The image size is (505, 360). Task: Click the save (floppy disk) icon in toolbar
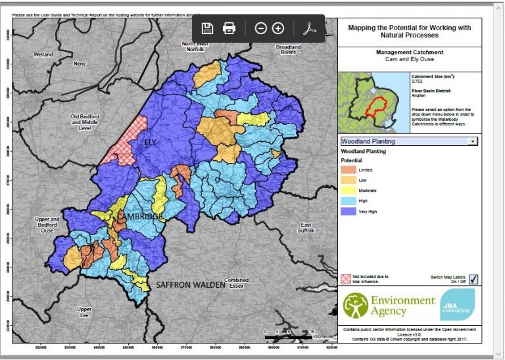[x=207, y=28]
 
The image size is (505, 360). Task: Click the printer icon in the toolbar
[x=229, y=28]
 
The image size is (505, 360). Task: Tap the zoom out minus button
[x=260, y=28]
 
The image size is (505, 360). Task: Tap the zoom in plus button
[x=277, y=28]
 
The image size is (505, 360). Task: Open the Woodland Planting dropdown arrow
[x=472, y=141]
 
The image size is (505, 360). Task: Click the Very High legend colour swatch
[x=347, y=212]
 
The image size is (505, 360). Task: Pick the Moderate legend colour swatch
[x=347, y=190]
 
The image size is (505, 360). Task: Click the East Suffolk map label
[x=306, y=227]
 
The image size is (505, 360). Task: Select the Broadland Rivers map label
[x=287, y=50]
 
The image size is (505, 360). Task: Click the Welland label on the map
[x=43, y=55]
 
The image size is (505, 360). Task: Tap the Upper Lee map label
[x=84, y=311]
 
